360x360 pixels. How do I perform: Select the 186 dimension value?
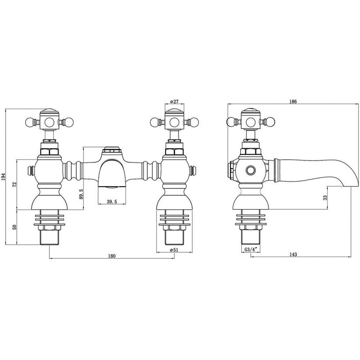293,102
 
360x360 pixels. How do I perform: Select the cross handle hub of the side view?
252,122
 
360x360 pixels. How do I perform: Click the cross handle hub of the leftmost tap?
49,122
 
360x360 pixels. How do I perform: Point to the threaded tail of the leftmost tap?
49,238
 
